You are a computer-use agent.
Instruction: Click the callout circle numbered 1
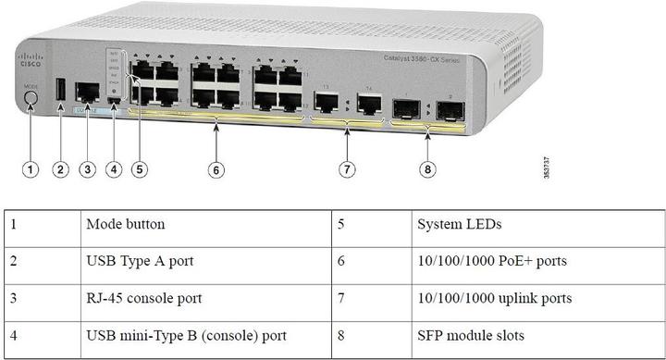pyautogui.click(x=31, y=169)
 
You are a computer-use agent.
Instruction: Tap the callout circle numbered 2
pyautogui.click(x=60, y=169)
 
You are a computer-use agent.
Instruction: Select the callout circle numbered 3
pyautogui.click(x=87, y=169)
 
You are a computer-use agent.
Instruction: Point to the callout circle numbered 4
pyautogui.click(x=114, y=169)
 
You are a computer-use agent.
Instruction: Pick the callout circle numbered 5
pyautogui.click(x=140, y=169)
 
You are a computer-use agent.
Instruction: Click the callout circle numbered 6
pyautogui.click(x=216, y=169)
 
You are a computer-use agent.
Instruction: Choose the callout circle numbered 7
pyautogui.click(x=347, y=169)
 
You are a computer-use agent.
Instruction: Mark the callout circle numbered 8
pyautogui.click(x=428, y=169)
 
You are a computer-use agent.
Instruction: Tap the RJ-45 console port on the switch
pyautogui.click(x=87, y=92)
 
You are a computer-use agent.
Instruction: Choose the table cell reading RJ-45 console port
pyautogui.click(x=144, y=298)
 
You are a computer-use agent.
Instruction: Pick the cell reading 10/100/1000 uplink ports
pyautogui.click(x=492, y=298)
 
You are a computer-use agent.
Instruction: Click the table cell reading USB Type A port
pyautogui.click(x=140, y=261)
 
